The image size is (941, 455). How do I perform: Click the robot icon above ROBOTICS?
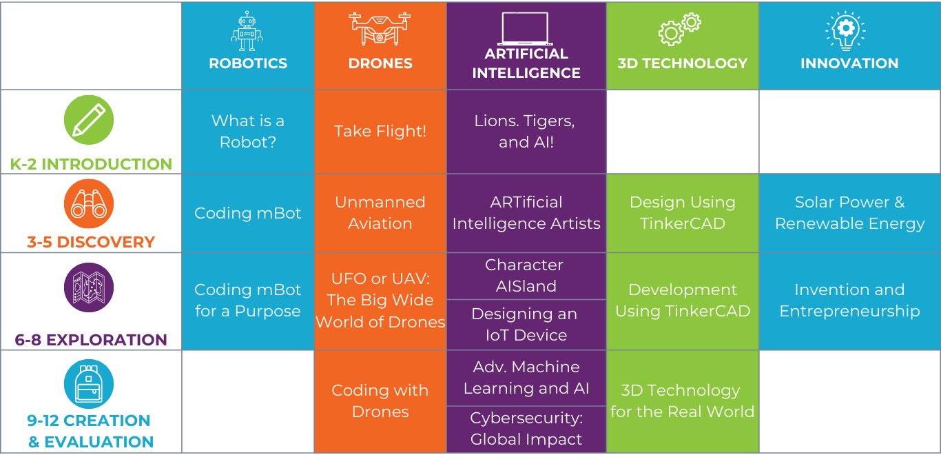tap(247, 31)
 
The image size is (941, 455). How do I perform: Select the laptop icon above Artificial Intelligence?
tap(526, 29)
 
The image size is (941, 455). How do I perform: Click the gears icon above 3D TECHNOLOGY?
tap(680, 30)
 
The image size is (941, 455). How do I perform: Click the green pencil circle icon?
tap(89, 120)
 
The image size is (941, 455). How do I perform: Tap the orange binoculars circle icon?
tap(89, 203)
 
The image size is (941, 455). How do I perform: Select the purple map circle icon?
tap(89, 287)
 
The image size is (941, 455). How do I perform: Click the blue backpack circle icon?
tap(89, 384)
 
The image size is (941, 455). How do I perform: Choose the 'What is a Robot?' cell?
tap(248, 131)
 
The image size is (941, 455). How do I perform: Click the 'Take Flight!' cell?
tap(380, 131)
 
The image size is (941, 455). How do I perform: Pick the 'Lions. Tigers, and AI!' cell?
tap(526, 131)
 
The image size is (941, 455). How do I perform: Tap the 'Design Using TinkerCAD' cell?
tap(683, 212)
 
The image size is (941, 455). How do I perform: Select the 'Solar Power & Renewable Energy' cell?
tap(849, 212)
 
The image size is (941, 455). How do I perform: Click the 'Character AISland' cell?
tap(526, 275)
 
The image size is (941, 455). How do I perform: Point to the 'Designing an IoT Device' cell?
tap(526, 324)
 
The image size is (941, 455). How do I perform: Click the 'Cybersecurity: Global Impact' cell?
tap(526, 429)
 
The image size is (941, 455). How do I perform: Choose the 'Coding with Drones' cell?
tap(380, 401)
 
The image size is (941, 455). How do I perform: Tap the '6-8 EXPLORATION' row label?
tap(91, 340)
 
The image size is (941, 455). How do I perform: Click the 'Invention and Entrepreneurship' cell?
tap(849, 301)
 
